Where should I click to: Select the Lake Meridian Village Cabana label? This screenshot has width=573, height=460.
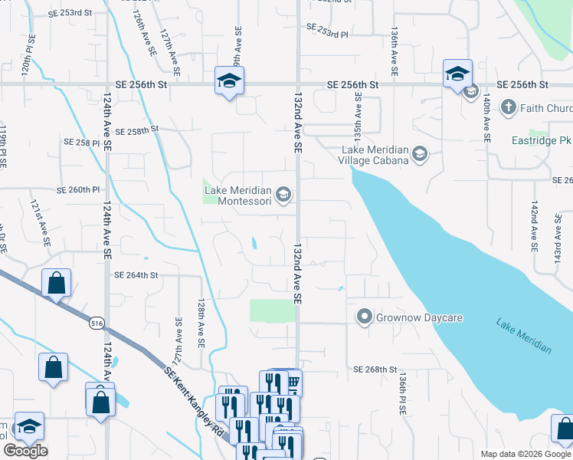coord(374,155)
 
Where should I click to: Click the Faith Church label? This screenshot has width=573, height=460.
coord(546,108)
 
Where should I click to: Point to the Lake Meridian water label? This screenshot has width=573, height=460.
coord(523,336)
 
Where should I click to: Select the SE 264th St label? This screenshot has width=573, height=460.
coord(136,275)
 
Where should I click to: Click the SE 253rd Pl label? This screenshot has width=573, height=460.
coord(327,30)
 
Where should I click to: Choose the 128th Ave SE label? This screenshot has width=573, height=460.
coord(201,324)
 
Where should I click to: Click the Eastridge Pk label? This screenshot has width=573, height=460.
coord(542,141)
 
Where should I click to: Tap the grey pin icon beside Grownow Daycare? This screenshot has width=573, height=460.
coord(364,316)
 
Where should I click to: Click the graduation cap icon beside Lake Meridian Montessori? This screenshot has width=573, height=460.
coord(283,195)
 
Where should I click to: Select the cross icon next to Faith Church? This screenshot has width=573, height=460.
coord(508,107)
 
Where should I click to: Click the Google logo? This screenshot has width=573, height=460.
coord(25,451)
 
